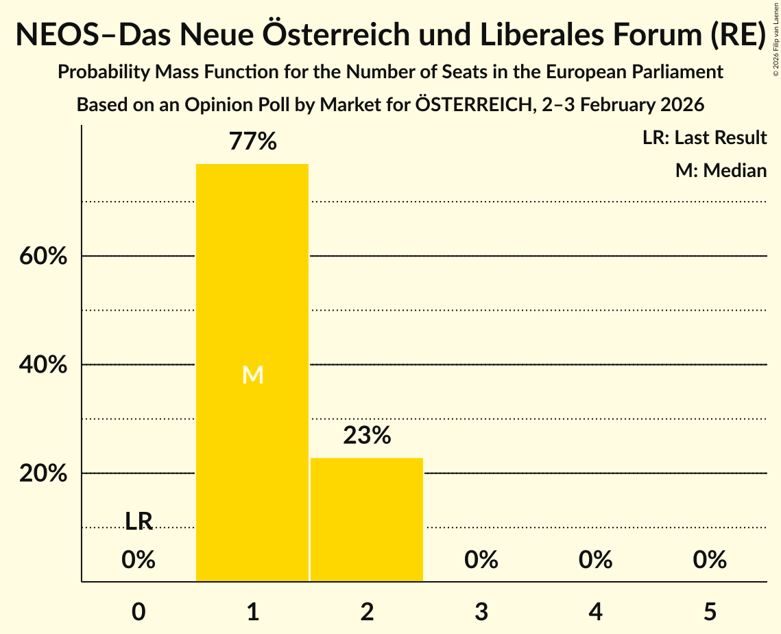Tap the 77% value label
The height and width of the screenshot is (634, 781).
point(253,142)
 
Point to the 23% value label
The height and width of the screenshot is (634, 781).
point(367,436)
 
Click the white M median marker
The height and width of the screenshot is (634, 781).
point(253,375)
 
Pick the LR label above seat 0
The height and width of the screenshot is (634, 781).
point(139,521)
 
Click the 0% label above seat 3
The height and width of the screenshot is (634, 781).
point(481,560)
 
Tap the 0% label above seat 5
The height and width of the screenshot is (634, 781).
point(710,560)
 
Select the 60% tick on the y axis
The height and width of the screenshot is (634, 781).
point(42,257)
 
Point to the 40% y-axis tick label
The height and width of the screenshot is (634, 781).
point(42,365)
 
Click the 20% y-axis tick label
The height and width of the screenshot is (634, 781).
point(42,474)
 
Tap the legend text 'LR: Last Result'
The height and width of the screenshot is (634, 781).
point(704,138)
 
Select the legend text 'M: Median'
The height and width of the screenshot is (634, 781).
point(721,170)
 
